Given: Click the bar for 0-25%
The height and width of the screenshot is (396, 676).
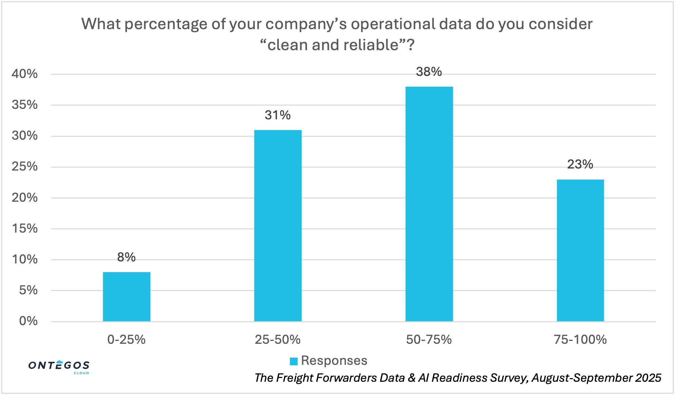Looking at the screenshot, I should click(x=127, y=297).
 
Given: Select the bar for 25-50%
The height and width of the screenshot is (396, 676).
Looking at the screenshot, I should click(x=278, y=225).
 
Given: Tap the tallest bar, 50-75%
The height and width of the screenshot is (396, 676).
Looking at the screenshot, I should click(x=429, y=204).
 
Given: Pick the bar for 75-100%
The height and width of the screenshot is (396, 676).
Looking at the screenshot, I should click(x=580, y=250).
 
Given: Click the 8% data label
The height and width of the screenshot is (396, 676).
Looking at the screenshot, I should click(x=127, y=257).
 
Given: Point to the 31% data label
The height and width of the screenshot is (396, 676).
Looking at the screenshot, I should click(x=278, y=115).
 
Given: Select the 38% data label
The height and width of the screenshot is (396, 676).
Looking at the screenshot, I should click(x=429, y=72).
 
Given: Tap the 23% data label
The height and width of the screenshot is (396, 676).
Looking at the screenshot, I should click(x=580, y=164).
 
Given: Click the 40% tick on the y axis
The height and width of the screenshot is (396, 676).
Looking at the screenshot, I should click(x=24, y=74).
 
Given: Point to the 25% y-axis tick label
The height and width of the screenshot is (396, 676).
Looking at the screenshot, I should click(x=24, y=166).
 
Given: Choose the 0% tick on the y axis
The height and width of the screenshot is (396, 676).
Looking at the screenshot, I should click(x=28, y=321).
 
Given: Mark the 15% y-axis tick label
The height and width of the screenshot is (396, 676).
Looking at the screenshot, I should click(x=24, y=229).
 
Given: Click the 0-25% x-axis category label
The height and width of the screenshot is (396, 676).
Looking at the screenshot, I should click(x=127, y=339).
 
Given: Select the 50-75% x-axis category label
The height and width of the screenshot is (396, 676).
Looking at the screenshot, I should click(x=429, y=339).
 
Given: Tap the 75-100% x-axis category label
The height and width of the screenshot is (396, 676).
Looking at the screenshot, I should click(x=580, y=339).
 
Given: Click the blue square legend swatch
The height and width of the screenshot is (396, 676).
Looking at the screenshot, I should click(x=294, y=361).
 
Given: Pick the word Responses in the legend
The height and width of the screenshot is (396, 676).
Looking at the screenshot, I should click(x=334, y=360).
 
